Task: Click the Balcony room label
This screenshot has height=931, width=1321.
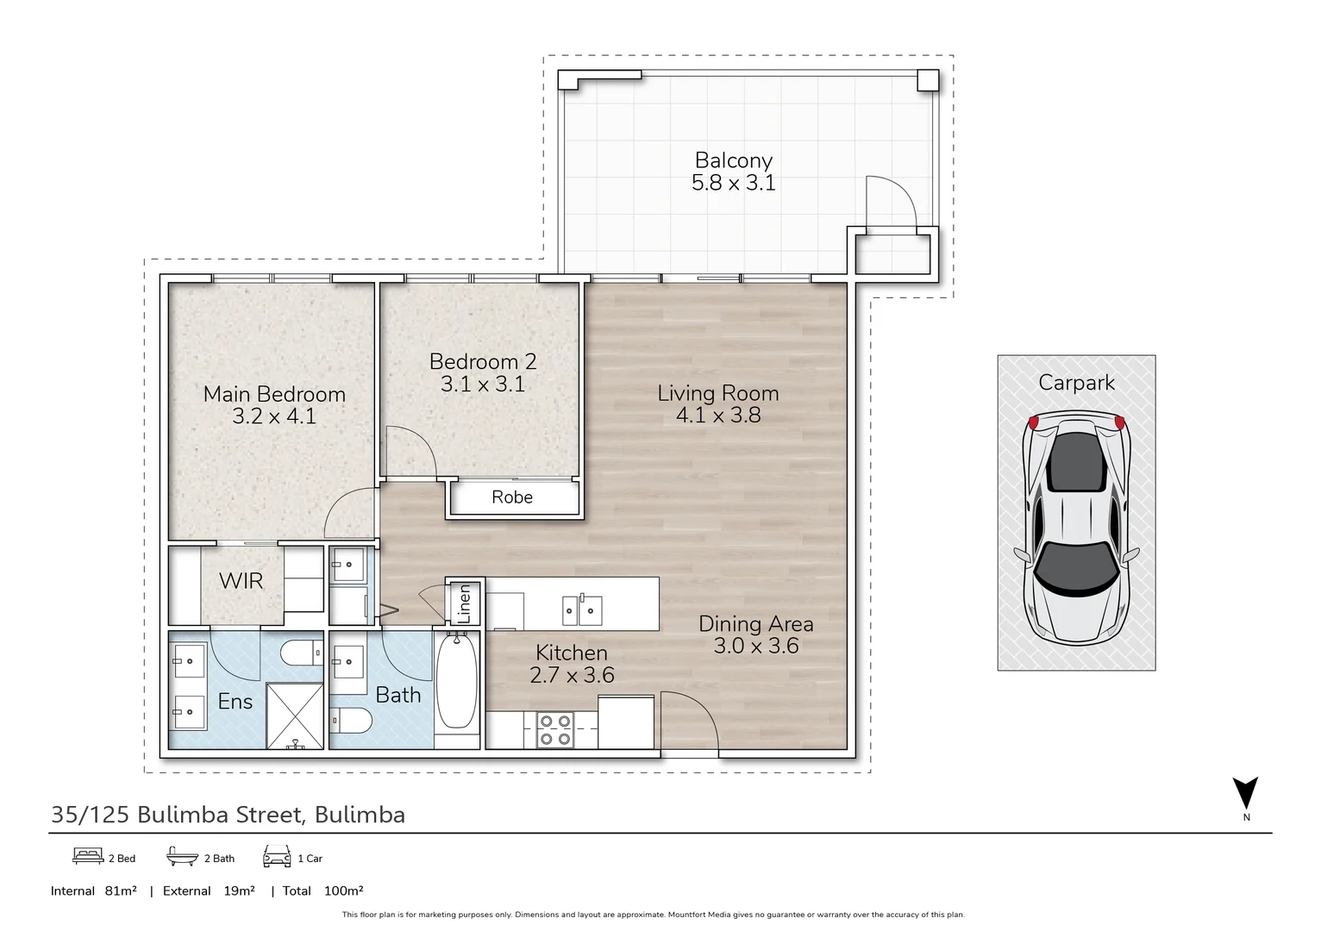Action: [734, 160]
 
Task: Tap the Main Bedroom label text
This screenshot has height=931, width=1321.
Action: [274, 394]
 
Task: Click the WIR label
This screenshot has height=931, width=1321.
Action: [241, 581]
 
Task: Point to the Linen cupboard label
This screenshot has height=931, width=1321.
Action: [465, 603]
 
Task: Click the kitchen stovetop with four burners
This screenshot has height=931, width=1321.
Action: [555, 730]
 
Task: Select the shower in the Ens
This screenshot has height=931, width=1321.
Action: [295, 715]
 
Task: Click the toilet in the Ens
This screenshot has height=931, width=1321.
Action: [301, 653]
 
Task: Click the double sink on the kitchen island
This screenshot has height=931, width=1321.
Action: [581, 610]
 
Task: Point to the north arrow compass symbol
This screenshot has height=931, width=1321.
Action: [1245, 793]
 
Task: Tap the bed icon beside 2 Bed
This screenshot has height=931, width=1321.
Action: [88, 856]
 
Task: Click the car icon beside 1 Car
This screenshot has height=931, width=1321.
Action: [277, 856]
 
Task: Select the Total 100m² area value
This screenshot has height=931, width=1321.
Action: [343, 890]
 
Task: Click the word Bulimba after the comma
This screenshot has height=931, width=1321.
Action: [360, 815]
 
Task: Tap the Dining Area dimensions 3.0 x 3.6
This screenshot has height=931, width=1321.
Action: [756, 646]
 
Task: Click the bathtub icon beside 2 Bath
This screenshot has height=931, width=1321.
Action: [182, 856]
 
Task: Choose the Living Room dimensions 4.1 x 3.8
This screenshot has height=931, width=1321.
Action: [718, 416]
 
